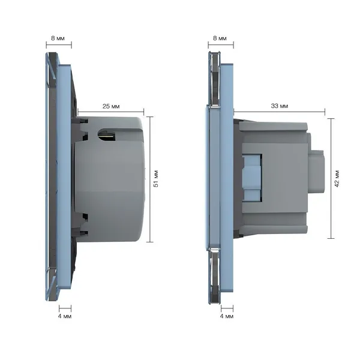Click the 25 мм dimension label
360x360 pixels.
pyautogui.click(x=111, y=106)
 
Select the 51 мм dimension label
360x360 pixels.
pyautogui.click(x=156, y=179)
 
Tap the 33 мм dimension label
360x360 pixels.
pyautogui.click(x=280, y=106)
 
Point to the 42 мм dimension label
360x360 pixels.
pyautogui.click(x=337, y=179)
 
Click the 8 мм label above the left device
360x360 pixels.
pyautogui.click(x=58, y=38)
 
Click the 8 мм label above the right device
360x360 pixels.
pyautogui.click(x=220, y=38)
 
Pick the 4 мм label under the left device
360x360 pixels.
pyautogui.click(x=65, y=316)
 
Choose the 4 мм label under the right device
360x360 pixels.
pyautogui.click(x=227, y=316)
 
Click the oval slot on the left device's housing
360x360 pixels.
pyautogui.click(x=107, y=135)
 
